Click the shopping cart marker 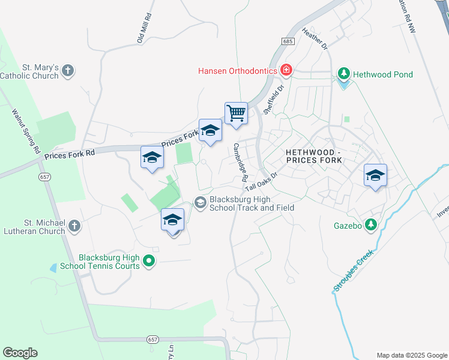coord(237,113)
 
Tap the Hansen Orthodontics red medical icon coord(286,70)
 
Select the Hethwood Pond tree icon coord(343,74)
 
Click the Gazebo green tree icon coord(371,225)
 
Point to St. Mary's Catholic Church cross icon coord(68,70)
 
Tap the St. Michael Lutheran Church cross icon coord(74,226)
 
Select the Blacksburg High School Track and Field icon coord(200,203)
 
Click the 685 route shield coord(287,40)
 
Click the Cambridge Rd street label coord(241,163)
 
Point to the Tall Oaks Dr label coord(263,182)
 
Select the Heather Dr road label coord(315,38)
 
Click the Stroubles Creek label coord(353,271)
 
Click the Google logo coord(20,353)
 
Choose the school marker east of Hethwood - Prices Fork coord(375,175)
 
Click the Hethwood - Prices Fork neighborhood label coord(313,156)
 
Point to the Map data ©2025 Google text coord(412,355)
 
